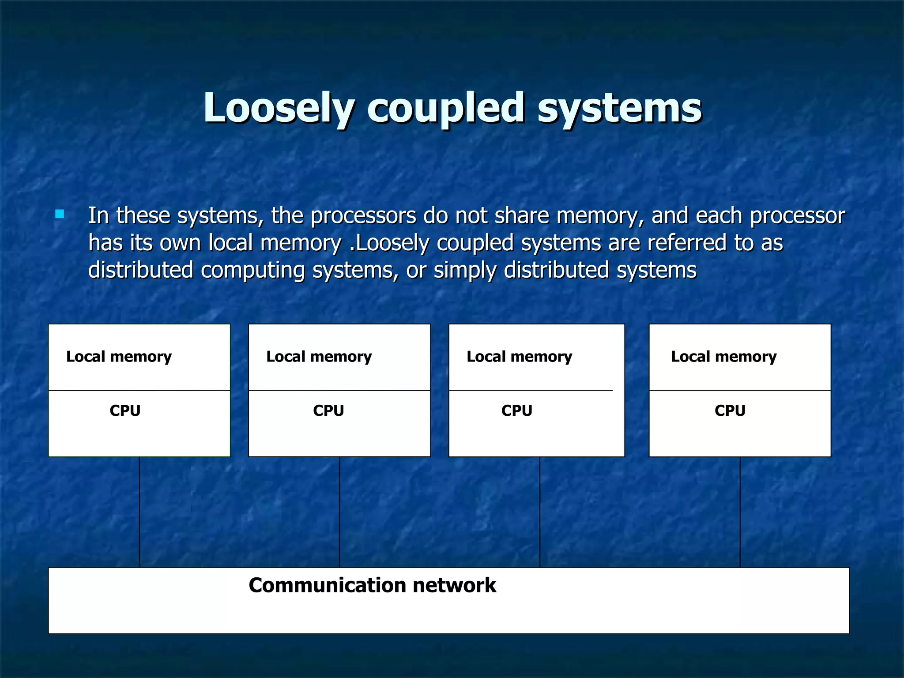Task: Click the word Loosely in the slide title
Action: coord(278,108)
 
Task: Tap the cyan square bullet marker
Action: coord(60,215)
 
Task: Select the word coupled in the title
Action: coord(446,108)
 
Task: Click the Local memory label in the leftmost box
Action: coord(119,357)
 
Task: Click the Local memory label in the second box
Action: coord(319,357)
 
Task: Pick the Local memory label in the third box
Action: coord(519,357)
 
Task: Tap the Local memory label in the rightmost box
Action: coord(723,357)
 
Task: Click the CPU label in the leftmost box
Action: coord(125,411)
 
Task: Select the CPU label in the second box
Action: coord(328,411)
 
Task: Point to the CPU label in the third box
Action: coord(516,411)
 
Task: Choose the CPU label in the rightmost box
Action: coord(730,411)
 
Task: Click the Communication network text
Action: coord(372,585)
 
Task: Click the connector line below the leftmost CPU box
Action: coord(139,512)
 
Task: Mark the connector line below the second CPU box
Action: coord(339,512)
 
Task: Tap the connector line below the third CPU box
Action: coord(540,512)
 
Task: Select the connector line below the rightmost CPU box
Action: coord(740,512)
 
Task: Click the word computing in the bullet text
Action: coord(252,270)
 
